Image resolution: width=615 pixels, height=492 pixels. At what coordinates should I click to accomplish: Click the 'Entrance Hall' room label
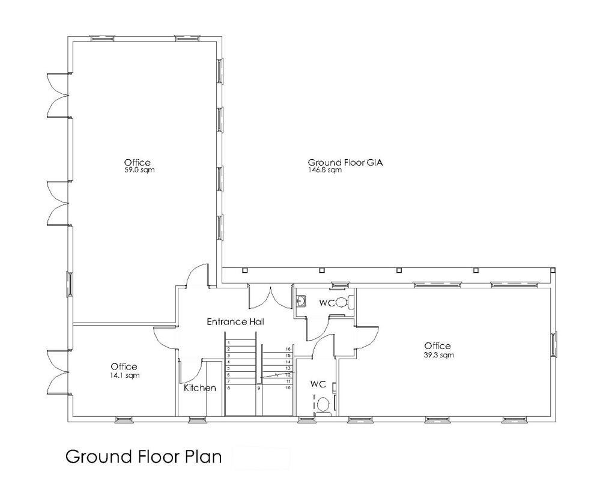pos(235,322)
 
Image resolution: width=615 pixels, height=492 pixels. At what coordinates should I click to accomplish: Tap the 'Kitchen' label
pos(199,388)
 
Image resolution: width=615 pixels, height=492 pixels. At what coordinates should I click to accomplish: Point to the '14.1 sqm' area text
pos(124,375)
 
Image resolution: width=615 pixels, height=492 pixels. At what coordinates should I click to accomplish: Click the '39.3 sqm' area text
pos(438,355)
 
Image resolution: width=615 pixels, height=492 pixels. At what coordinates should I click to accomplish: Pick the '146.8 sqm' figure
pos(325,170)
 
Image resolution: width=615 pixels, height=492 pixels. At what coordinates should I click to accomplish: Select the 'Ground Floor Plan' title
pos(143,457)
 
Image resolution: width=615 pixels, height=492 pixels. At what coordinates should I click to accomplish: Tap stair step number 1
pos(229,342)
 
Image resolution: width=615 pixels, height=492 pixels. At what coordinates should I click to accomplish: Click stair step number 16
pos(288,349)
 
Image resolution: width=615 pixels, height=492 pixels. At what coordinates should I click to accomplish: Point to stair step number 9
pos(259,389)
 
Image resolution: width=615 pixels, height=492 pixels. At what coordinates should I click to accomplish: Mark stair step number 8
pos(229,389)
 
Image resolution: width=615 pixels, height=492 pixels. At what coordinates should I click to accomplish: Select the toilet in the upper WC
pos(342,302)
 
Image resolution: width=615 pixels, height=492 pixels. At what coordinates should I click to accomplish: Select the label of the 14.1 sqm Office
pos(124,366)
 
